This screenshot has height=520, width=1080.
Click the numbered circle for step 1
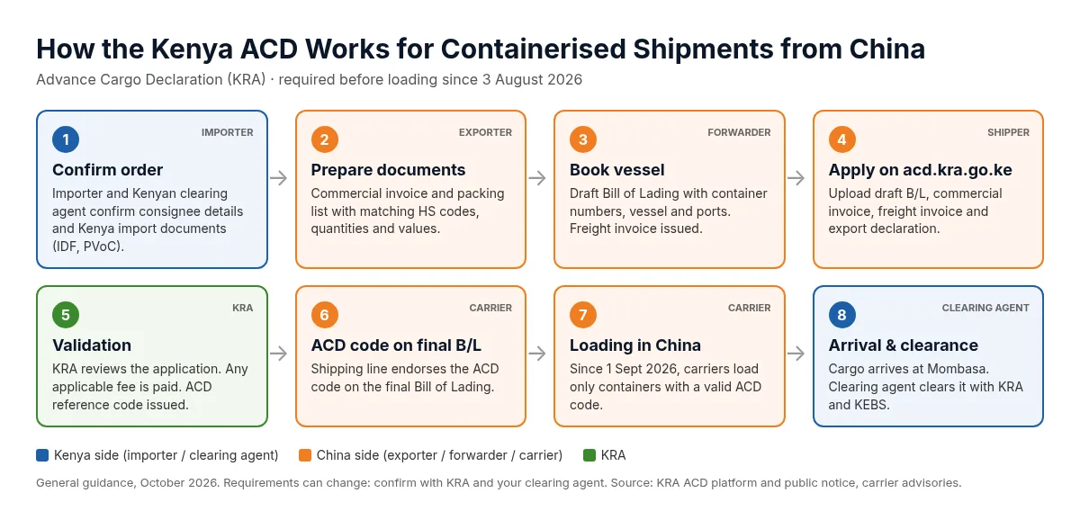coord(66,139)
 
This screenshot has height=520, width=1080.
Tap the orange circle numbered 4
coord(841,139)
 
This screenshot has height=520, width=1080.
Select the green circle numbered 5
coord(66,315)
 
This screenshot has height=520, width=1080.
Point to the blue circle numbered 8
coord(841,315)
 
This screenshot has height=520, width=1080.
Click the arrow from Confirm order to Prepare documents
coord(279,178)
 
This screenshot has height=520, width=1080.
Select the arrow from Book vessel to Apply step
coord(796,178)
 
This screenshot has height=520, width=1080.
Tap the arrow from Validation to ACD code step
coord(279,354)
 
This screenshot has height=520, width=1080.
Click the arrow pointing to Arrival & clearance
coord(796,354)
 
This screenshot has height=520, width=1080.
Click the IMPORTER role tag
coord(227,132)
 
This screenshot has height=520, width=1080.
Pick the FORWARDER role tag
coord(739,132)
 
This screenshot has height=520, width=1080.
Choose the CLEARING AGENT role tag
coord(985,308)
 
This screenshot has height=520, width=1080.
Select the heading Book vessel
coord(616,170)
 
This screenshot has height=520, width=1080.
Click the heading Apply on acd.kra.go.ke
coord(920,170)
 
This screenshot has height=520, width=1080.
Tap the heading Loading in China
coord(635,345)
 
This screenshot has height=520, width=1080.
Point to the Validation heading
coord(92,345)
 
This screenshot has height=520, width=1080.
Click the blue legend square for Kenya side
coord(42,455)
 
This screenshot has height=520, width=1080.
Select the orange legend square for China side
coord(305,455)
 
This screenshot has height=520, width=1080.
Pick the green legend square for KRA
coord(589,455)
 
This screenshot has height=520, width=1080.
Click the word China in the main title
coord(887,49)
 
